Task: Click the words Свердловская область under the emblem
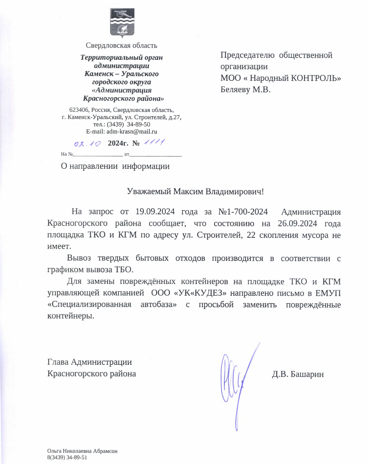click(x=121, y=46)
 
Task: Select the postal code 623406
click(x=78, y=109)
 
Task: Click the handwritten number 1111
click(x=153, y=142)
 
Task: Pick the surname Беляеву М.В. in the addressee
click(x=246, y=89)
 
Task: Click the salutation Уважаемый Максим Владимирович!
click(x=196, y=192)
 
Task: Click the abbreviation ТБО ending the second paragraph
click(x=124, y=270)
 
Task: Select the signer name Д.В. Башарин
click(x=298, y=374)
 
